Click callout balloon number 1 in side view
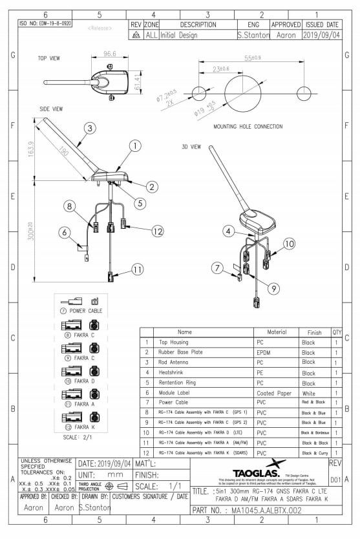(x=134, y=146)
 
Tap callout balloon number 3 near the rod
(x=89, y=127)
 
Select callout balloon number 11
(x=136, y=269)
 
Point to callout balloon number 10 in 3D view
(x=289, y=243)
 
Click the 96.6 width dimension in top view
(x=109, y=54)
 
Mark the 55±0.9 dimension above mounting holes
(x=252, y=58)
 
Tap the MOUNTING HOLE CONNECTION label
(x=248, y=127)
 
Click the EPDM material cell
(x=263, y=353)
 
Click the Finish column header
(x=314, y=332)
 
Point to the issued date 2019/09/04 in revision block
(x=321, y=35)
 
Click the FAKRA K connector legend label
(x=85, y=427)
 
